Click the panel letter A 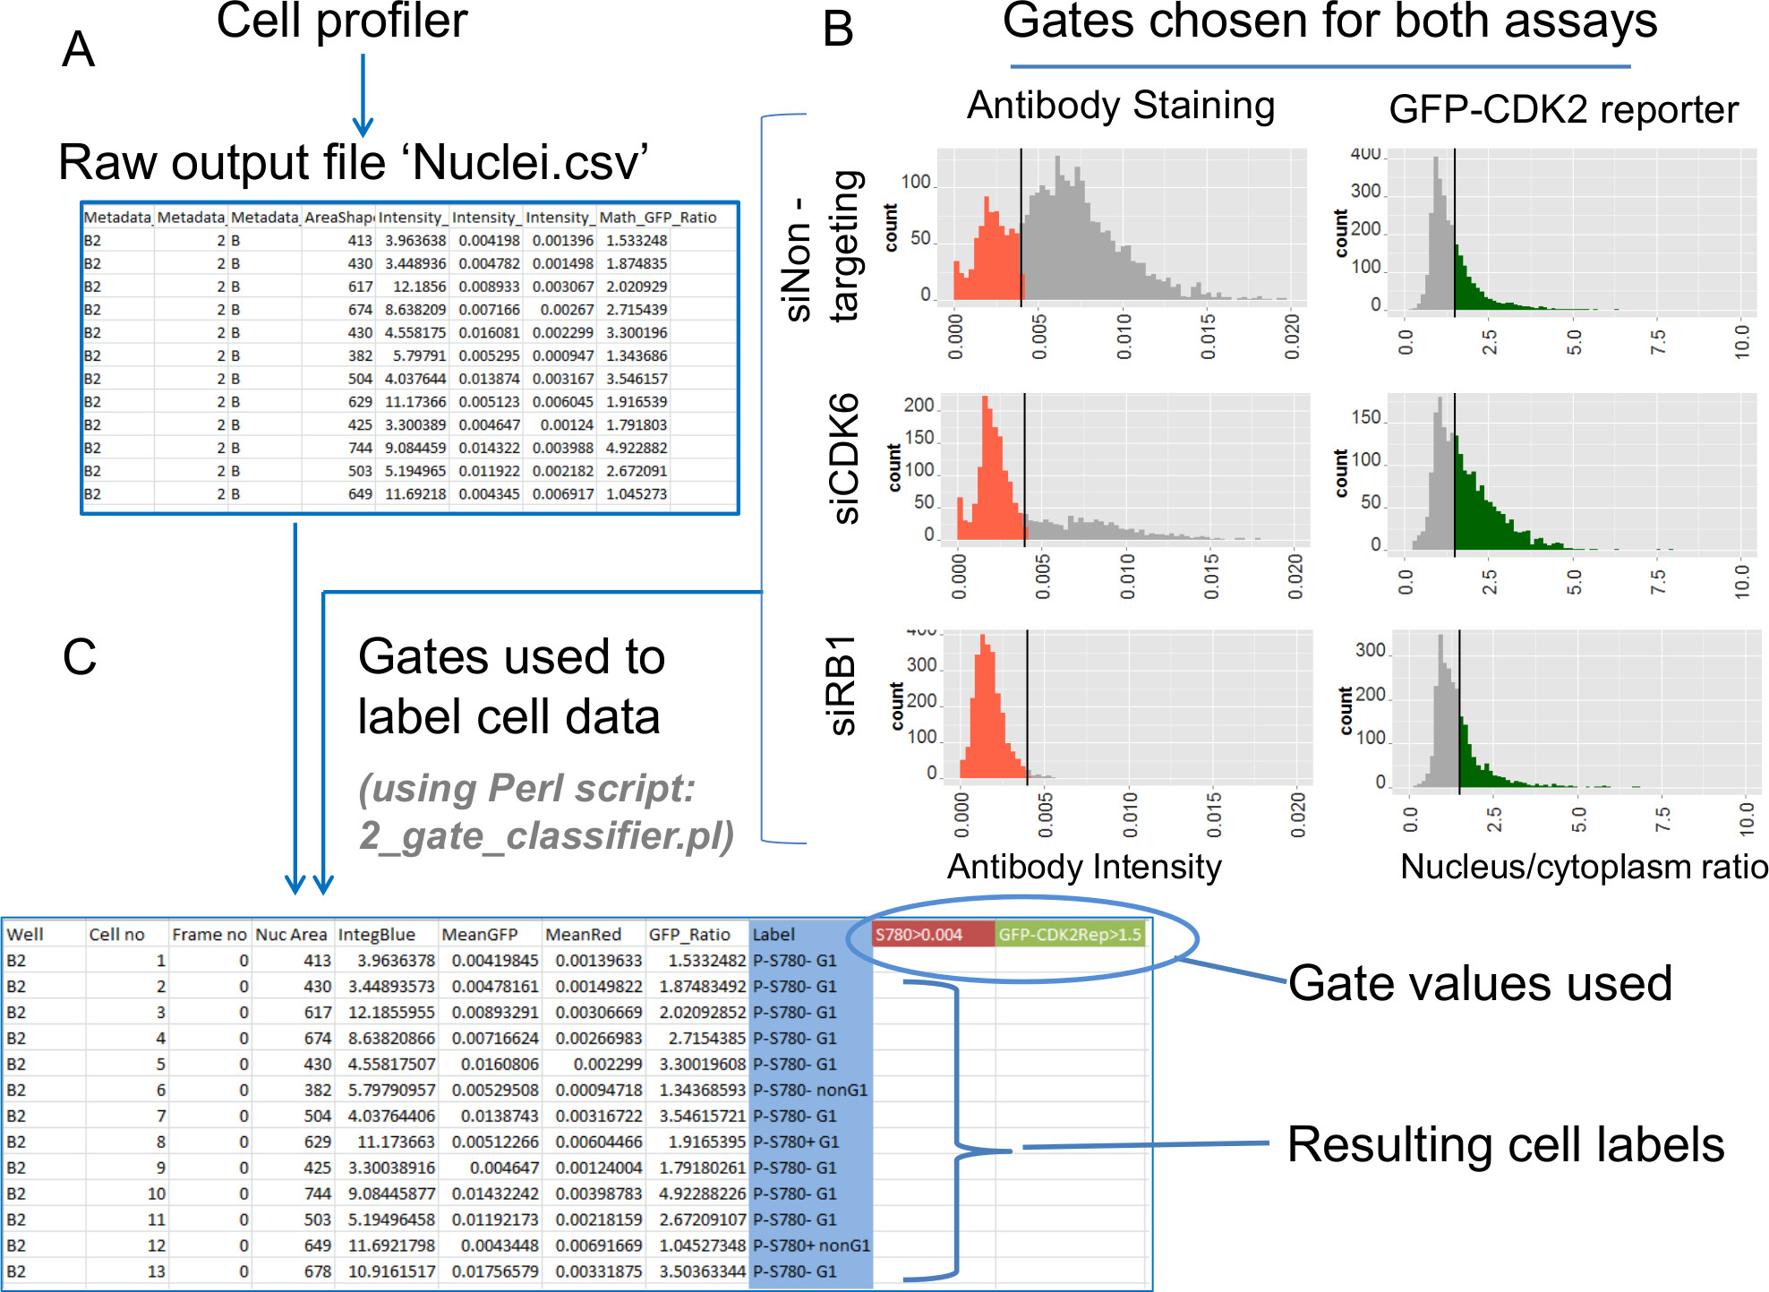click(x=78, y=49)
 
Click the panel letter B click(x=838, y=30)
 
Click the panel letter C click(x=79, y=657)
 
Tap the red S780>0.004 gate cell click(x=932, y=935)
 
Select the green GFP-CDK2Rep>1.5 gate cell click(x=1070, y=935)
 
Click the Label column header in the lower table click(x=773, y=935)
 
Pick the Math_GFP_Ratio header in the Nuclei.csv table click(x=657, y=218)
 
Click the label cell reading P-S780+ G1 click(x=796, y=1142)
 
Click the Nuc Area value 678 click(x=317, y=1271)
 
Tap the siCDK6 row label click(x=845, y=458)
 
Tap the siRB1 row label click(x=842, y=685)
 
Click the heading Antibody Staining click(x=1121, y=106)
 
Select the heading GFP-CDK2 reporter click(x=1563, y=110)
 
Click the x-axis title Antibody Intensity click(x=1084, y=867)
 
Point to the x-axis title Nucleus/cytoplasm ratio click(x=1583, y=867)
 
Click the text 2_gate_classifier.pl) click(x=546, y=835)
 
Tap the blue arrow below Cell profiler click(x=363, y=94)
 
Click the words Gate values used click(x=1480, y=983)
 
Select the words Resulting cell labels click(x=1505, y=1144)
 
